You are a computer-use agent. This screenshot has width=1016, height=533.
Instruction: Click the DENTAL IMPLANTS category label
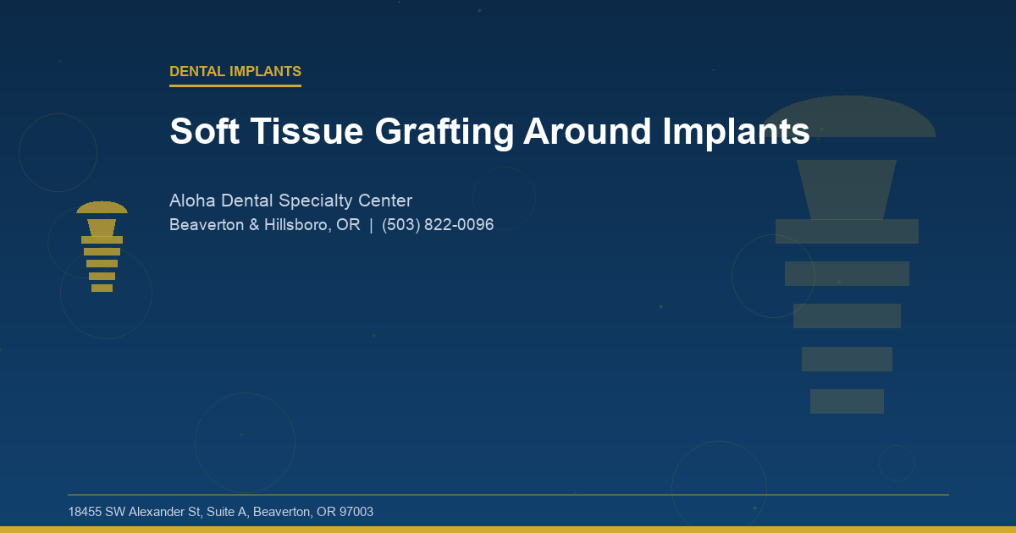coord(235,72)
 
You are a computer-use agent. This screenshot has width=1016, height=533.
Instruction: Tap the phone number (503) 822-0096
coord(438,225)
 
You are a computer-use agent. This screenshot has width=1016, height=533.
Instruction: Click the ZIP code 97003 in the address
coord(356,512)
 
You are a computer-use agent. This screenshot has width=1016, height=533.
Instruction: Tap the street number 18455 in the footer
coord(85,512)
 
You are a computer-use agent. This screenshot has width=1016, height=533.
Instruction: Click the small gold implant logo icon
coord(102,247)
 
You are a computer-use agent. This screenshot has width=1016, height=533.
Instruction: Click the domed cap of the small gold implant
coord(102,208)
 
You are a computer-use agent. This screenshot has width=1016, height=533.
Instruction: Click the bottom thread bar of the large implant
coord(847,401)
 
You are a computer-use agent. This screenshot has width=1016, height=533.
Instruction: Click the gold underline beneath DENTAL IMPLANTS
coord(235,85)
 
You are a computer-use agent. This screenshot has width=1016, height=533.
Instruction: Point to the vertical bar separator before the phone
coord(371,225)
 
